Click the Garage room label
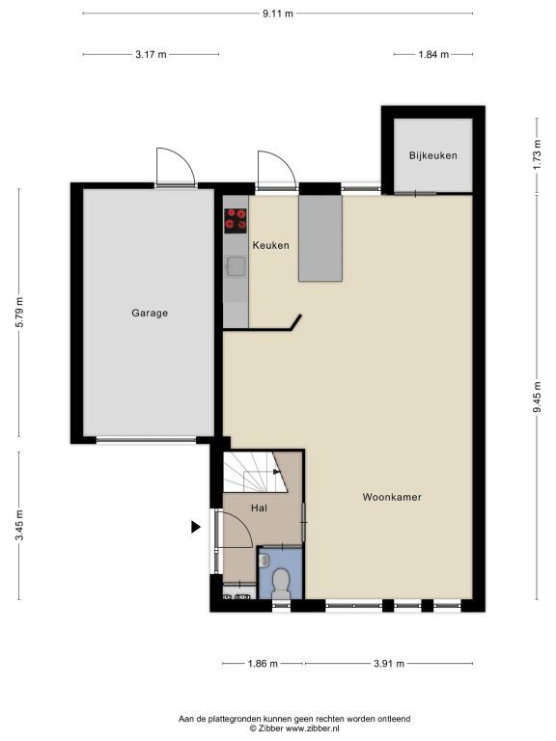click(150, 313)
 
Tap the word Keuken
click(270, 245)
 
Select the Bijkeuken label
click(433, 155)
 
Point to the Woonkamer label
click(392, 497)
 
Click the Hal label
click(259, 508)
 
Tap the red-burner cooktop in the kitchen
click(236, 221)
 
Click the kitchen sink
click(236, 266)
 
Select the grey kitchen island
click(320, 238)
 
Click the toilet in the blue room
click(281, 583)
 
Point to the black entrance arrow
click(195, 527)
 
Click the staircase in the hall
click(255, 472)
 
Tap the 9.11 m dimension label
click(278, 14)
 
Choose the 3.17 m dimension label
click(151, 54)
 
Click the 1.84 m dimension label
click(433, 54)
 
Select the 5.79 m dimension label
click(19, 313)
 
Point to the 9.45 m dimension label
click(537, 397)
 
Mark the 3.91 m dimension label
click(389, 664)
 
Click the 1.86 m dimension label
click(263, 664)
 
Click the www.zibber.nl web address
click(313, 728)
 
